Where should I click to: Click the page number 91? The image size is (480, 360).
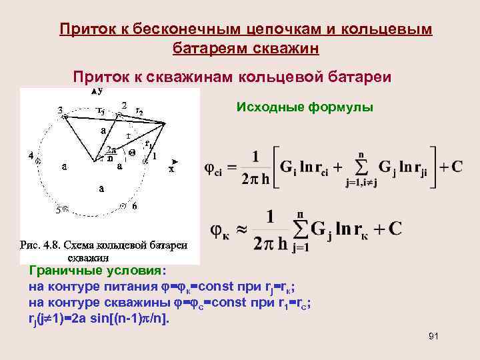click(433, 336)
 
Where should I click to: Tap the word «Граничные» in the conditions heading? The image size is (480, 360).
click(59, 271)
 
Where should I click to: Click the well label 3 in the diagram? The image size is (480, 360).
click(60, 109)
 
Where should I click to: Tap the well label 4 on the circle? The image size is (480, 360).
click(31, 155)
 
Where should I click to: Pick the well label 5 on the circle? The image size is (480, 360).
click(58, 209)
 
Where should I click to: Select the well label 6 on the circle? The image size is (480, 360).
click(134, 207)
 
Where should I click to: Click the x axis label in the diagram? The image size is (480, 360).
click(171, 169)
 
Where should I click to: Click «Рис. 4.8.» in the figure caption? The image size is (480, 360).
click(41, 245)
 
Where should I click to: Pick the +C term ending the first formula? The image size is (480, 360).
click(451, 167)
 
